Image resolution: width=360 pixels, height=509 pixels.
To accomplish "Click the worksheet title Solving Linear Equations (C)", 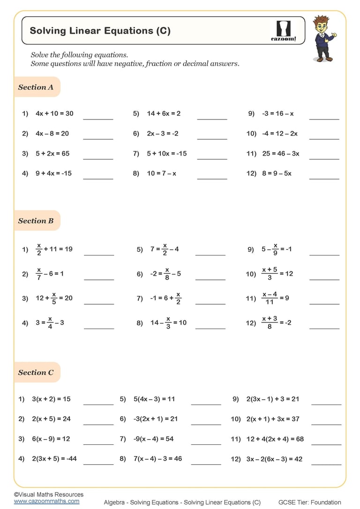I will (100, 31).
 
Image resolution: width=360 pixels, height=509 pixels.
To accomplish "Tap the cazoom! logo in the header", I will (284, 31).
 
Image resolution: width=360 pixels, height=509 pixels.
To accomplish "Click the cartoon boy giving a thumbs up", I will (323, 38).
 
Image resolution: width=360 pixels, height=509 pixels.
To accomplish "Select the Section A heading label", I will (36, 87).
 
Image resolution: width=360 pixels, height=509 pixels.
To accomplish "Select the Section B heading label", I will (36, 221).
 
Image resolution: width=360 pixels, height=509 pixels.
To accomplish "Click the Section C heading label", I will (36, 373).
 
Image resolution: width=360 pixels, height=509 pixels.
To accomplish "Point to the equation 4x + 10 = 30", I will (54, 113).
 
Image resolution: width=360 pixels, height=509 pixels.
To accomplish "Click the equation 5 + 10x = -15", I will (166, 153).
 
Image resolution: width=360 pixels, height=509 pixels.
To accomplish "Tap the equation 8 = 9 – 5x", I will (277, 173).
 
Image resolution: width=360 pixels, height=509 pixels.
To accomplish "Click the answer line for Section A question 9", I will (324, 119).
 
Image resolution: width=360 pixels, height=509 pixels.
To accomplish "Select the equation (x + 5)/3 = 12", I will (277, 274).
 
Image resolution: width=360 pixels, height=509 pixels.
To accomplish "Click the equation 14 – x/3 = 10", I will (168, 322).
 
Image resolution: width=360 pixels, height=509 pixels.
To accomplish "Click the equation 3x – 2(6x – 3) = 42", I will (274, 459).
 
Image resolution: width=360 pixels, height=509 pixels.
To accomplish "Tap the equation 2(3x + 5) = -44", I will (54, 459).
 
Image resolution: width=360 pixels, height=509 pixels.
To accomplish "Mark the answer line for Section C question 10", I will (326, 424).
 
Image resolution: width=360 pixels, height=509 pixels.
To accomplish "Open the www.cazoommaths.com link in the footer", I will (46, 501).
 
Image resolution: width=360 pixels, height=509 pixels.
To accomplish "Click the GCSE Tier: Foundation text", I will (309, 502).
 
